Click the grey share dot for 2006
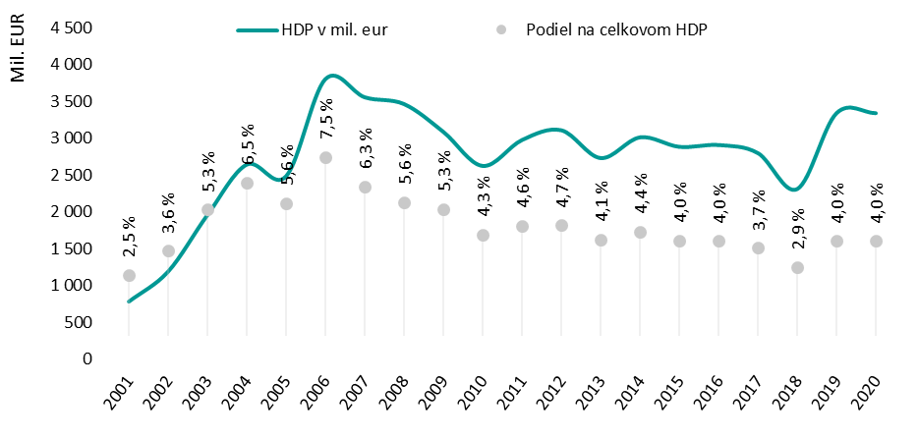tap(325, 157)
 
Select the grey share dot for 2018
tap(797, 267)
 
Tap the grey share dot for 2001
tap(129, 275)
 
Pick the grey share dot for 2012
tap(561, 225)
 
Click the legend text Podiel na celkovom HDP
tap(615, 29)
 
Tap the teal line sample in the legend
tap(258, 29)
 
